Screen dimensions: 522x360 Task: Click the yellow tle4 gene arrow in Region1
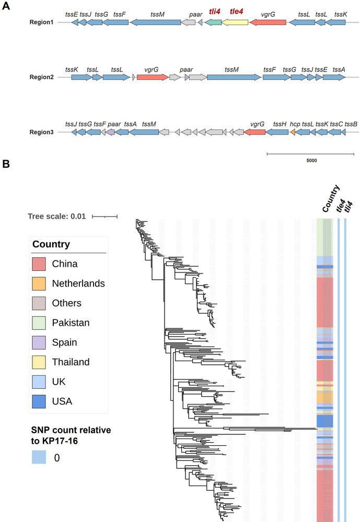235,23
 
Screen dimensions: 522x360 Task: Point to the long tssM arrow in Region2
233,77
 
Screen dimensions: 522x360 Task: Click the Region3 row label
42,133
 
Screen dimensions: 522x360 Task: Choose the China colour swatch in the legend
41,264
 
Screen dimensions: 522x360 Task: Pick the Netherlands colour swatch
41,283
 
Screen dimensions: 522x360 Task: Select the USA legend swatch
41,401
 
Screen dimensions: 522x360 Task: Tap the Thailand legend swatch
41,362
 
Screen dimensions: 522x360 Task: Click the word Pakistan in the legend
71,323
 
